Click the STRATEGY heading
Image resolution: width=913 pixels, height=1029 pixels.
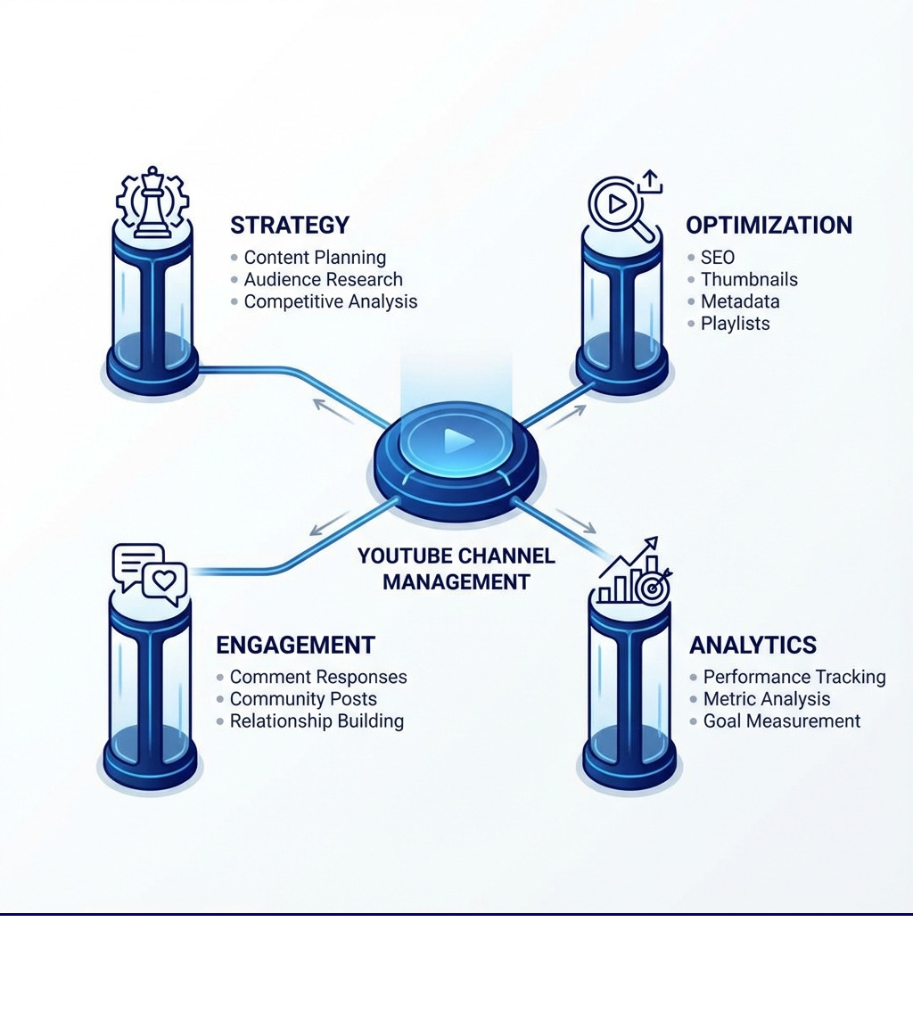[x=290, y=225]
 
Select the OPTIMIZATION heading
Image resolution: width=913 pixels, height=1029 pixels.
[x=769, y=225]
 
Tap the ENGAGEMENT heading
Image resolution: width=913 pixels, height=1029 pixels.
[x=295, y=645]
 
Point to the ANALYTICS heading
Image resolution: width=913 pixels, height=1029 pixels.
[x=753, y=645]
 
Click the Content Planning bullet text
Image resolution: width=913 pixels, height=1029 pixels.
[x=315, y=258]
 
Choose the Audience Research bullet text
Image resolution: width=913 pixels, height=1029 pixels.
[x=323, y=280]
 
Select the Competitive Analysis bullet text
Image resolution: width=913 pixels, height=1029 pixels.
[x=330, y=301]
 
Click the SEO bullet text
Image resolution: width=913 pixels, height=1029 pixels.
[x=717, y=258]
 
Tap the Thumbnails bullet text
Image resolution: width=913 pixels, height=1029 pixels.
[x=749, y=280]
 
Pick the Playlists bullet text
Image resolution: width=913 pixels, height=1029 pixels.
[x=735, y=324]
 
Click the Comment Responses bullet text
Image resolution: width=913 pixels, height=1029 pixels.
[x=318, y=678]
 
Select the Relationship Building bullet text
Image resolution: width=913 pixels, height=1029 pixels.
[x=317, y=721]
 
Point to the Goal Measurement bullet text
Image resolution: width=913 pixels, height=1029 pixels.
[x=782, y=721]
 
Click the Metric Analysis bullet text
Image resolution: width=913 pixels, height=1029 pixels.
[x=767, y=699]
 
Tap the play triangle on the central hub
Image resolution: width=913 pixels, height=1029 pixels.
[x=458, y=440]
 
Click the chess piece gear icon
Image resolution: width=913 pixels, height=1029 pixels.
[x=152, y=202]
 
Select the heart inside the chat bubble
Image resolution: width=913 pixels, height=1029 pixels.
[x=164, y=580]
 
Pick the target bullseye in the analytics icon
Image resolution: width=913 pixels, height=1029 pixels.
[x=653, y=587]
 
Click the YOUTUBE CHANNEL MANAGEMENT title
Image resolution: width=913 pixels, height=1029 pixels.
[x=456, y=569]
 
